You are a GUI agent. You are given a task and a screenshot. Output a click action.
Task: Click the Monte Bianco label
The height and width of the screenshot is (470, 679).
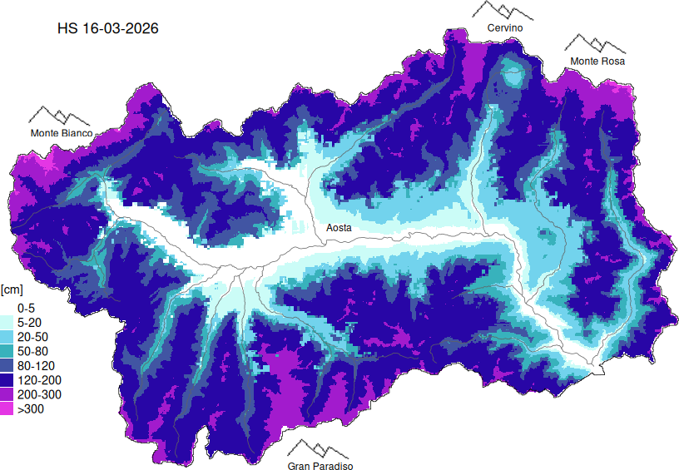(x=61, y=133)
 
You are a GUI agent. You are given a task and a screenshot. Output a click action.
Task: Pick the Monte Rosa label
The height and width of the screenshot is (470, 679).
(x=597, y=62)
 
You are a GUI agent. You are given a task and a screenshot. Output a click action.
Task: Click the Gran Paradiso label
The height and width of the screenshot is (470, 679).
(x=320, y=467)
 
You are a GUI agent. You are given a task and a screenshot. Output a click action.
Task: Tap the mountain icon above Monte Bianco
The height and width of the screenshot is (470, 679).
(x=60, y=116)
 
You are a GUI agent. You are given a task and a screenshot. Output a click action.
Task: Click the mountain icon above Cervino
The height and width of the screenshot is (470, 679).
(x=503, y=10)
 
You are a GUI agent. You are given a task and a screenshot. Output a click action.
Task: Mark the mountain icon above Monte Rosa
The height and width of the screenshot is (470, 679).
(x=596, y=44)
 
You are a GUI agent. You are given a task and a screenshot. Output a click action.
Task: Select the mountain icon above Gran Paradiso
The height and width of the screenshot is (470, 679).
(x=320, y=449)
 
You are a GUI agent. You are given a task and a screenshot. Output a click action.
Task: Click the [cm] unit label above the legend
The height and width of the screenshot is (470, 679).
(x=12, y=289)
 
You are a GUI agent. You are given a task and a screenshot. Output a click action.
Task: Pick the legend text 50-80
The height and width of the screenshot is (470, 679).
(x=31, y=351)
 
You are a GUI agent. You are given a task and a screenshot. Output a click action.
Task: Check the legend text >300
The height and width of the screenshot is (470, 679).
(x=30, y=409)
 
